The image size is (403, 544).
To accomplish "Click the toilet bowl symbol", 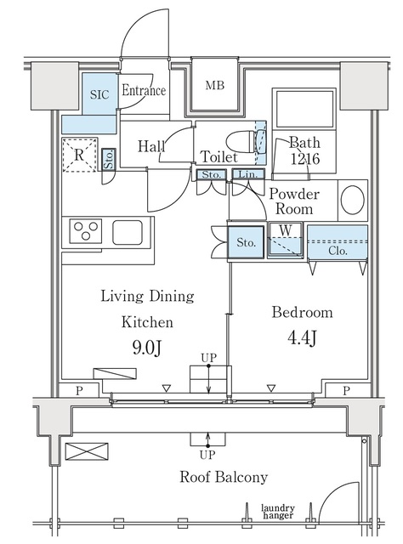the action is (240, 142).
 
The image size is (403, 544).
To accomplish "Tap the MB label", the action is (215, 85).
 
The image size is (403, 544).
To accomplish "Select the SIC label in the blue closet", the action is (99, 94).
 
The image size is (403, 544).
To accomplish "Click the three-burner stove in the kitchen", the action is (86, 230).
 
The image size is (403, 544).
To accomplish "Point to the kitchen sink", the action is (128, 232).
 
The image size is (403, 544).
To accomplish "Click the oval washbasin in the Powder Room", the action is (352, 201).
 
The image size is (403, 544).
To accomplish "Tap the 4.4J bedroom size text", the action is (302, 337).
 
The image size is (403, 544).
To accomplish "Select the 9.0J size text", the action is (147, 348).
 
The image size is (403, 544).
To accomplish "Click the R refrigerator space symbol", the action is (79, 155).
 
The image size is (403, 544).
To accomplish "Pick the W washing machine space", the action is (286, 241).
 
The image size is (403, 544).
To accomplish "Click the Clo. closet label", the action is (338, 251).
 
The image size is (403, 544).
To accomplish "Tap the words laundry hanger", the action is (278, 512).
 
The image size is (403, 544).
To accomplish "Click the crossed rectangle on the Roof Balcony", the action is (87, 451).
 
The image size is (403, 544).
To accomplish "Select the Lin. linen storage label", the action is (248, 174).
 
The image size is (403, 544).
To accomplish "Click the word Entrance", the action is (144, 91).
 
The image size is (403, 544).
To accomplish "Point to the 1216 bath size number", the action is (304, 159).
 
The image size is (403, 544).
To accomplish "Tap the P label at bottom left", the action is (79, 391).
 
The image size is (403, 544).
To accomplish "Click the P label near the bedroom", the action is (346, 391).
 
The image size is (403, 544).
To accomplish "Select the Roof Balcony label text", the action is (224, 477).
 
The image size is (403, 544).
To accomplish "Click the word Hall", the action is (151, 146).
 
